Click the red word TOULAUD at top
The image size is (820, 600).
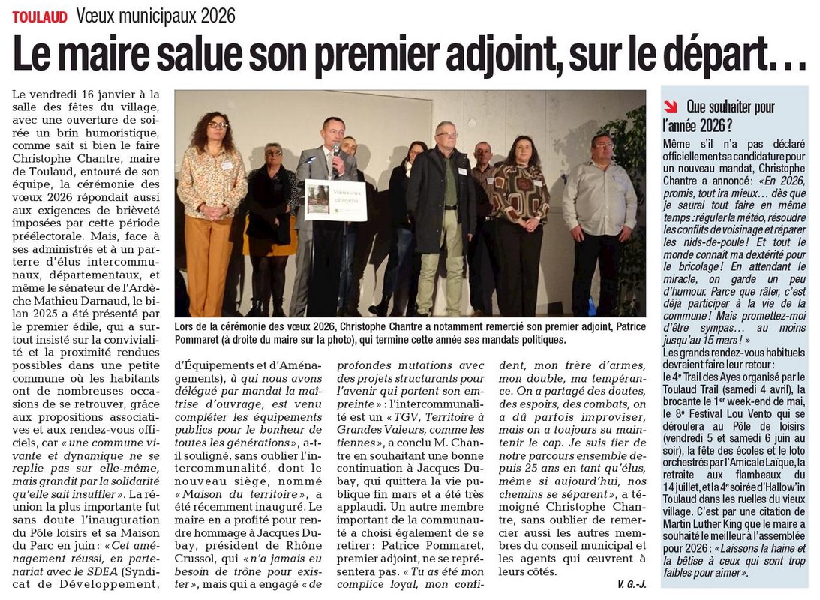click(x=40, y=16)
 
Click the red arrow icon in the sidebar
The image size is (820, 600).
click(x=671, y=106)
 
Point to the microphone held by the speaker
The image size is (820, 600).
click(x=335, y=151)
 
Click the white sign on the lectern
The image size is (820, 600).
click(x=335, y=200)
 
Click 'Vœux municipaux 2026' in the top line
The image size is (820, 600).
click(x=155, y=16)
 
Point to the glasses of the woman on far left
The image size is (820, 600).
click(x=217, y=124)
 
